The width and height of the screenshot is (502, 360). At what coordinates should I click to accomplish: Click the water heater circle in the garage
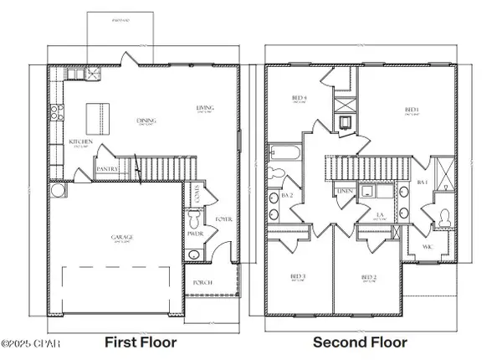pyautogui.click(x=57, y=191)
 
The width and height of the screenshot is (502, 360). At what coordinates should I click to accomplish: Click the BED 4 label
pyautogui.click(x=299, y=98)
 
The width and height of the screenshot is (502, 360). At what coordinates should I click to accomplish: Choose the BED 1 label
pyautogui.click(x=411, y=110)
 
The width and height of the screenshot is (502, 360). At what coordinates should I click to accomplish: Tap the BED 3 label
pyautogui.click(x=298, y=275)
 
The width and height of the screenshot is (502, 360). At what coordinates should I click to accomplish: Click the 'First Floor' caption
pyautogui.click(x=138, y=342)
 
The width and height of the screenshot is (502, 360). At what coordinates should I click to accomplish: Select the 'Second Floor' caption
pyautogui.click(x=360, y=342)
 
